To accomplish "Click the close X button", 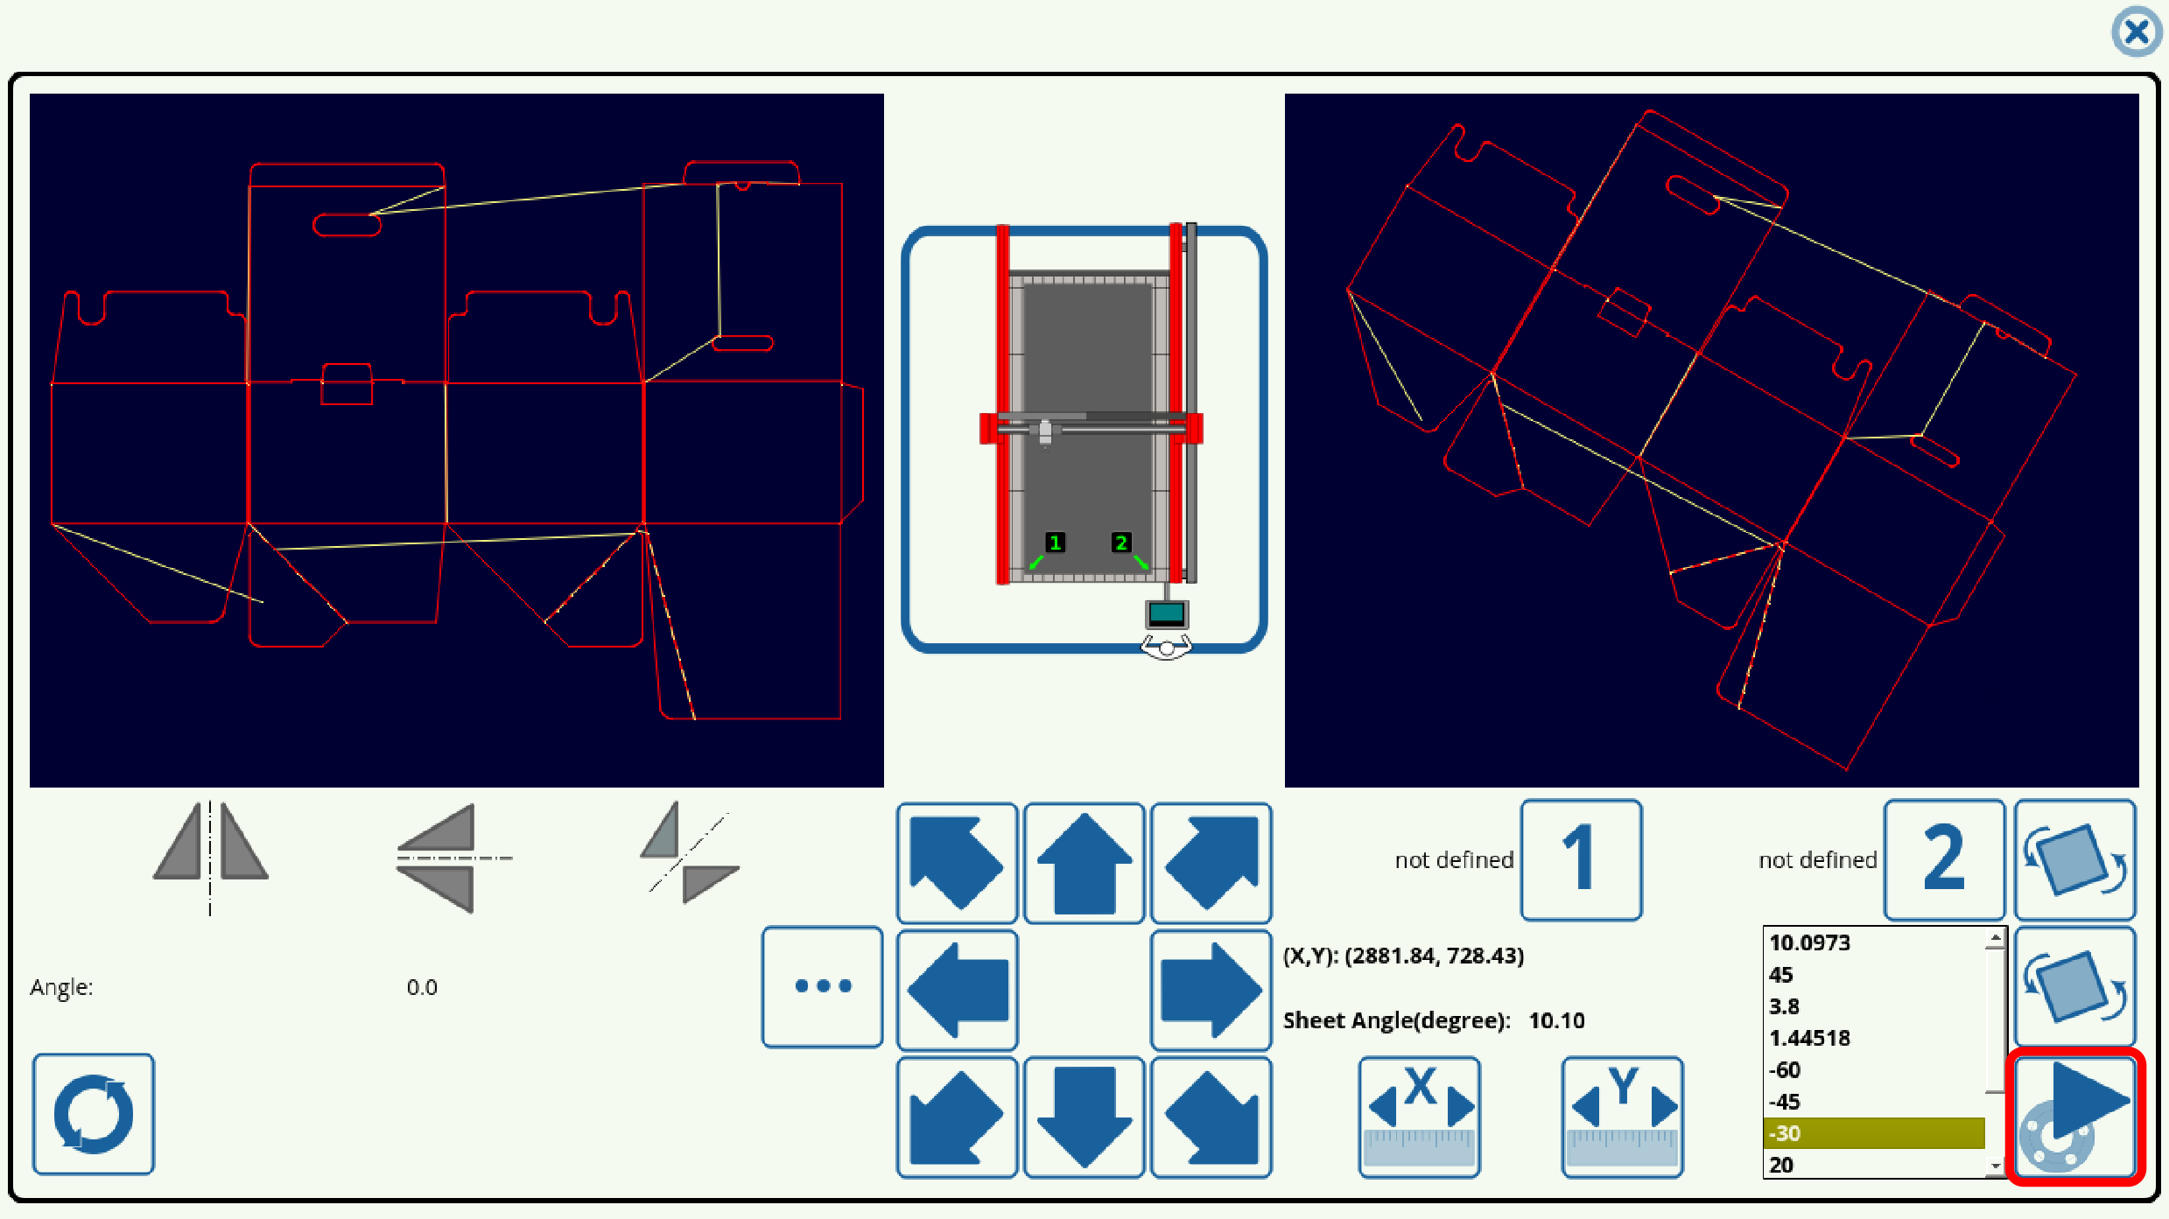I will click(x=2136, y=32).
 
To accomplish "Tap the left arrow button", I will click(x=957, y=990).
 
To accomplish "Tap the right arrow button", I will click(x=1211, y=990).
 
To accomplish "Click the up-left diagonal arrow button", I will click(x=957, y=863).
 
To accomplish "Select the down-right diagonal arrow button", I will click(x=1211, y=1117).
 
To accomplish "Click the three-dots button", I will click(x=822, y=986).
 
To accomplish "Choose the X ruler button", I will click(x=1419, y=1117).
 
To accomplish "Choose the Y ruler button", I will click(x=1622, y=1117).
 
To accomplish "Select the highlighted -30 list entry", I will click(x=1873, y=1133).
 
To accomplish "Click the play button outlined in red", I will click(x=2074, y=1116).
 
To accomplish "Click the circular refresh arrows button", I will click(x=94, y=1114).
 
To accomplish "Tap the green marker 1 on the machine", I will click(x=1055, y=543).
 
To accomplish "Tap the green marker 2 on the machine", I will click(x=1121, y=543).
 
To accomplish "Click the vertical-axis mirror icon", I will click(x=210, y=854).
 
